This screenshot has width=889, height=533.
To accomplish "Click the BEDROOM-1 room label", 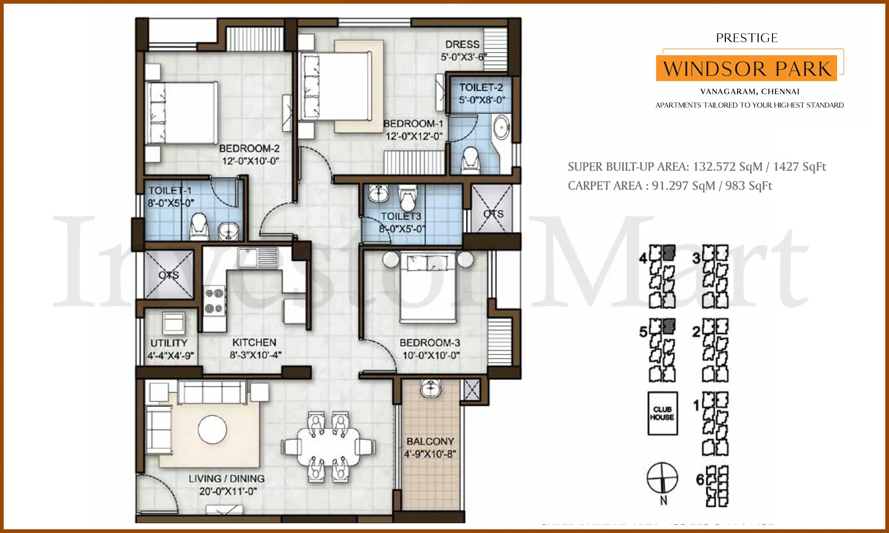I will point(413,124).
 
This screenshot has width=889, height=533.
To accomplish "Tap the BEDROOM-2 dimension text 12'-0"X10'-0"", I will point(250,161).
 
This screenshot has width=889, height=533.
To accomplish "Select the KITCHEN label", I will point(254,342).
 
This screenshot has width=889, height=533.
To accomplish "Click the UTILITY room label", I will point(169,343).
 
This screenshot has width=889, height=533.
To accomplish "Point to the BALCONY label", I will point(430,441).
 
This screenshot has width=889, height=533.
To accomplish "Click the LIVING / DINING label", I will point(227,479).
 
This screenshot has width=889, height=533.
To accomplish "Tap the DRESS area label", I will point(462,44).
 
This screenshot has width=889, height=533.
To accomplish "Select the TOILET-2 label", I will point(481,87).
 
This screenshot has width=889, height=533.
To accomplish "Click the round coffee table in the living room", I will point(212,429).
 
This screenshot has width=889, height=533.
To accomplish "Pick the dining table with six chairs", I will point(328,447).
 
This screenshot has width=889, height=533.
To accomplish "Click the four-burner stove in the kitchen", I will point(214,301).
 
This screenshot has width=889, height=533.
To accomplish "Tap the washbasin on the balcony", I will point(430,388).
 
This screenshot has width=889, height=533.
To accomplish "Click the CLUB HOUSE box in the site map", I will point(662,413).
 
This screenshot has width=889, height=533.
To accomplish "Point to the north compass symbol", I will point(662,478).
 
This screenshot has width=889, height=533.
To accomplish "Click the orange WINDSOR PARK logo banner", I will point(746,68).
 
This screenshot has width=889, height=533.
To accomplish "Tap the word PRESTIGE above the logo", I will point(746,38).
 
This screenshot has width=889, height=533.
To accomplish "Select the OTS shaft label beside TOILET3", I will point(493,214).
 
